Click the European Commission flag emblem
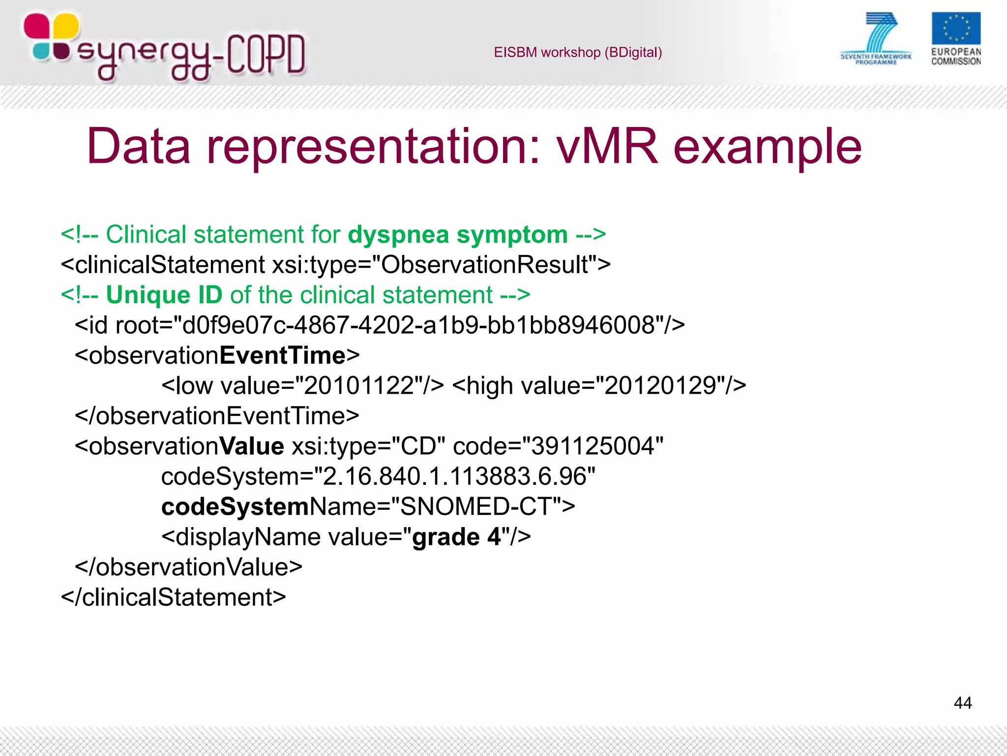point(955,29)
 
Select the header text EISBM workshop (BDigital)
point(578,53)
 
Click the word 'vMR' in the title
point(607,146)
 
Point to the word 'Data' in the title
point(139,146)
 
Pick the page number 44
point(962,703)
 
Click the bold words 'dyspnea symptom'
point(458,235)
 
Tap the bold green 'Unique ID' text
point(164,295)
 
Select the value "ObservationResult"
point(484,265)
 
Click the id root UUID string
point(418,325)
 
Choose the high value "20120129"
point(659,386)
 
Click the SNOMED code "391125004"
point(592,446)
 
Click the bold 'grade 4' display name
point(456,537)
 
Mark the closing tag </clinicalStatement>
point(173,598)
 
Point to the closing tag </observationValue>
point(188,567)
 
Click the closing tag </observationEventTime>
point(217,416)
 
